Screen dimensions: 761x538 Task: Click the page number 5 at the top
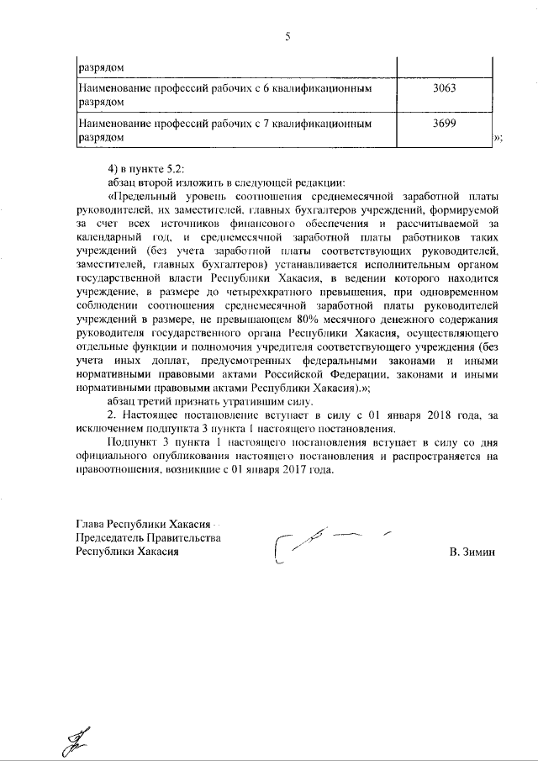287,37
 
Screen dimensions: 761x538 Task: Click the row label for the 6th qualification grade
225,94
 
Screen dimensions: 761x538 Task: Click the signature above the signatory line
324,543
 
